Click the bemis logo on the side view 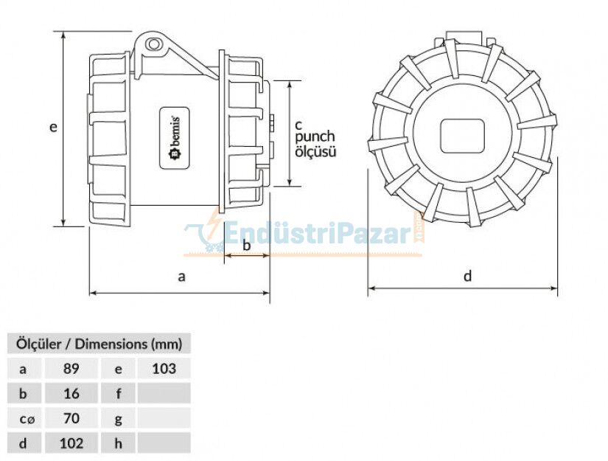pos(176,139)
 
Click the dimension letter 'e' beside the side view pos(53,127)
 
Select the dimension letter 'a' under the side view pos(181,277)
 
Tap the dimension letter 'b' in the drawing pos(246,244)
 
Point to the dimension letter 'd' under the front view pos(467,277)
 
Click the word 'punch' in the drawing pos(315,136)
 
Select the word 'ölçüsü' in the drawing pos(315,152)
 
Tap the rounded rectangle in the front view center pos(461,136)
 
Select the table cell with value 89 pos(71,368)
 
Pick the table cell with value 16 pos(71,393)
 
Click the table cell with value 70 pos(71,418)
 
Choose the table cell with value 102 pos(71,443)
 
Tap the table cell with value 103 pos(164,368)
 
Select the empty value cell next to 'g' pos(164,418)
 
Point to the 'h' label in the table pos(118,443)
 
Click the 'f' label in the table pos(118,393)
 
